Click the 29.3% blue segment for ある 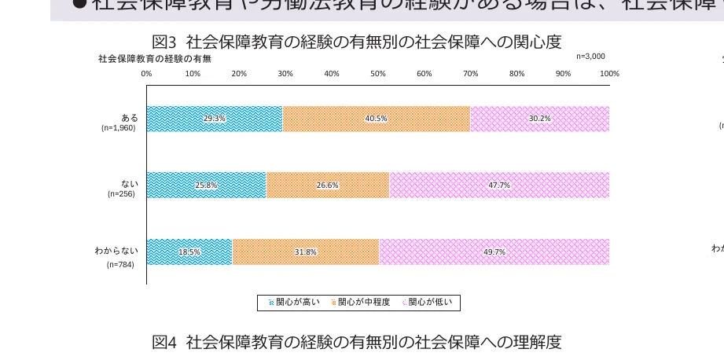(214, 119)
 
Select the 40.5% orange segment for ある (376, 119)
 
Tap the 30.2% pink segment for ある (539, 119)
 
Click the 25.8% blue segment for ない (206, 186)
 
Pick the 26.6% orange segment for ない (327, 186)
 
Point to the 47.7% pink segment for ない (499, 186)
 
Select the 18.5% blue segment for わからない (189, 252)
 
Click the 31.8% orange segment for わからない (306, 252)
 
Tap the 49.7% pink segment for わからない (494, 252)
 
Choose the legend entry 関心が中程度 (364, 302)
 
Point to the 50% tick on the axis (378, 74)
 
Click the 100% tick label (609, 74)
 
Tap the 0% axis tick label (146, 74)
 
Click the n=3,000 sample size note (590, 57)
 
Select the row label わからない (116, 251)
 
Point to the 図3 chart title (357, 42)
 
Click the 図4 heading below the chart (357, 342)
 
